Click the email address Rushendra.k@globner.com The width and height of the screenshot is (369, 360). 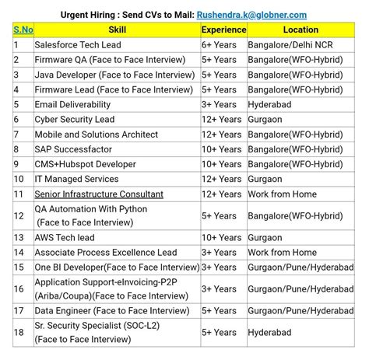[x=251, y=14]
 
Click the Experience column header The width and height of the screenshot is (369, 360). [x=223, y=30]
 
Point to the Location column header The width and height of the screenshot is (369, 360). [x=300, y=30]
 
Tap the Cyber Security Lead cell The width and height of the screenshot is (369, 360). [x=75, y=119]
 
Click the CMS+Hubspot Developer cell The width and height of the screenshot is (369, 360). [x=85, y=164]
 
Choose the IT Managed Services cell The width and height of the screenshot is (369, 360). [x=76, y=179]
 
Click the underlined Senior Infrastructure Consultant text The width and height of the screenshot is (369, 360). [x=99, y=194]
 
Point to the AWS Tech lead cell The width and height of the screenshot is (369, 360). [x=65, y=238]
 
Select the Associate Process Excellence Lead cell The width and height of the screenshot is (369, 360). [x=105, y=253]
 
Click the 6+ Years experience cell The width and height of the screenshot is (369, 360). [x=219, y=45]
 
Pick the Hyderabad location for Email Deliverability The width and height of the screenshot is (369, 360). [x=272, y=104]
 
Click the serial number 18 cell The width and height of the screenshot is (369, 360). [x=18, y=332]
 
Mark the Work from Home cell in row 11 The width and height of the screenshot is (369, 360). [x=283, y=194]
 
